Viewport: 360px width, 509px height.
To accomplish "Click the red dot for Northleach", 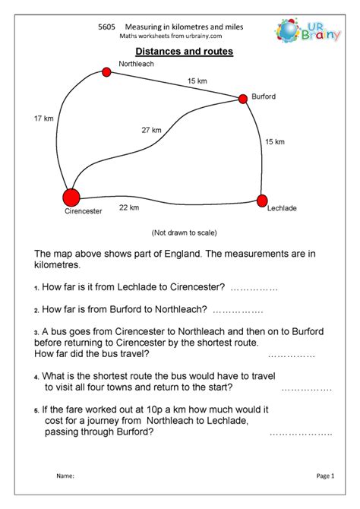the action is [106, 72].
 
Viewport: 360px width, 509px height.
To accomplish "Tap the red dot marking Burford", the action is [244, 98].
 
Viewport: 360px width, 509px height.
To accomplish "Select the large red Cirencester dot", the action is [71, 198].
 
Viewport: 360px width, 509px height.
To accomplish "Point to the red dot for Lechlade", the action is [262, 201].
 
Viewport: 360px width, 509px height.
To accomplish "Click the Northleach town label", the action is [137, 64].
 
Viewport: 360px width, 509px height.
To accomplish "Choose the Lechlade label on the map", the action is [282, 207].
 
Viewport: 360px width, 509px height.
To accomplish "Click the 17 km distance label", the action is [43, 118].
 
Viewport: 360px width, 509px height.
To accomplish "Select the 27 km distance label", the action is [151, 130].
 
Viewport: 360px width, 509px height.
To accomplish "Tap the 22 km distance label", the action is [129, 207].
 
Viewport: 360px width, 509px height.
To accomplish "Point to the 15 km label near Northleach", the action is [197, 80].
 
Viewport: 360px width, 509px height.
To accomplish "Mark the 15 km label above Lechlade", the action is [274, 141].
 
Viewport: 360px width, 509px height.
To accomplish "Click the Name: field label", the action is [65, 476].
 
